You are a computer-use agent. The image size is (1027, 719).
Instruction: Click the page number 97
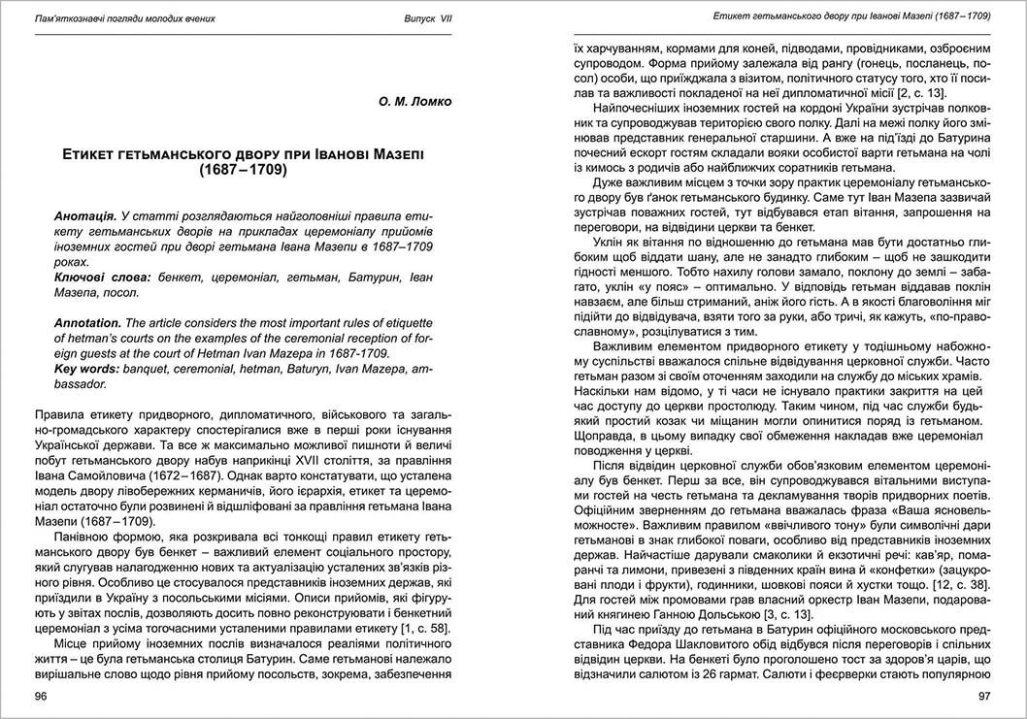point(983,696)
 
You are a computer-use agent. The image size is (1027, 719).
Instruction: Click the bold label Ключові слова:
point(102,278)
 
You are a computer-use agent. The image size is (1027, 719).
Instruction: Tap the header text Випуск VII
point(428,19)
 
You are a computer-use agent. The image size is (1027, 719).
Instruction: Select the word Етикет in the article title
point(95,154)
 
